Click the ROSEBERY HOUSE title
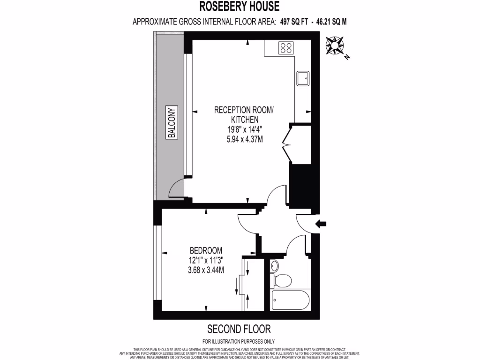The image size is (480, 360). click(x=240, y=7)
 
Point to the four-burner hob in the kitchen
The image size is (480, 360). click(x=286, y=47)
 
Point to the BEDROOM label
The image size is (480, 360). click(x=206, y=250)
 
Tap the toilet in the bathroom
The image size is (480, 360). click(x=283, y=281)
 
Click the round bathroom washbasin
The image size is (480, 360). click(x=276, y=266)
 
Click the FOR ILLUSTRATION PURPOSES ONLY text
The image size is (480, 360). click(x=239, y=341)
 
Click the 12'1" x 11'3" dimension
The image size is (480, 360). click(x=206, y=260)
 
